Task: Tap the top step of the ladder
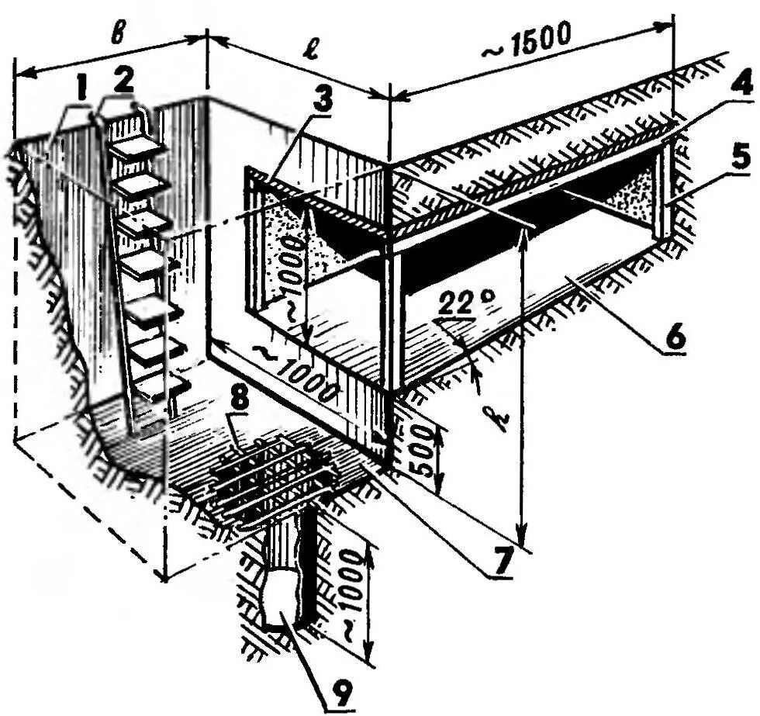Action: [x=136, y=144]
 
